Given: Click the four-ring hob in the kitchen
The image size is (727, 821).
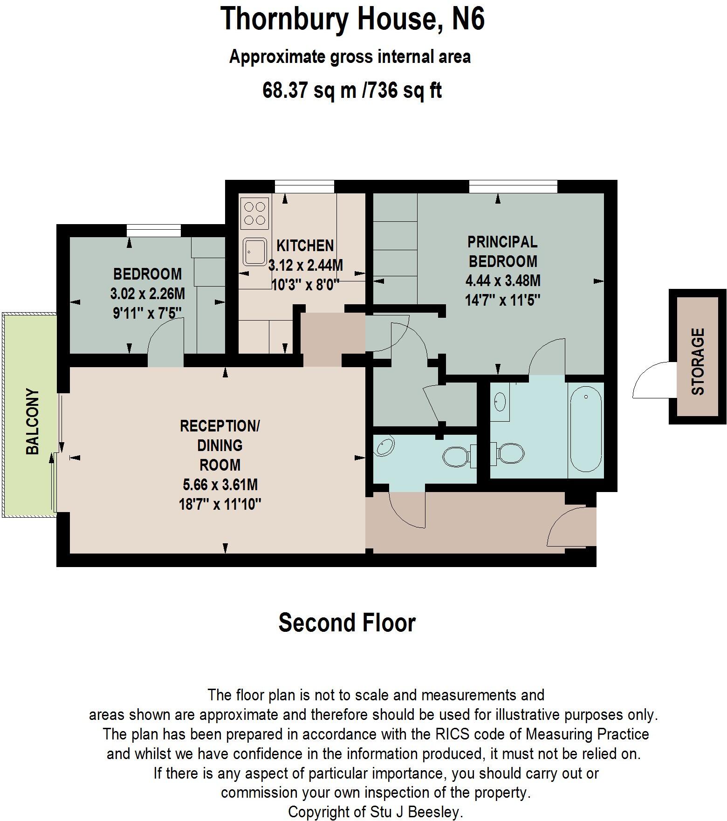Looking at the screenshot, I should point(255,213).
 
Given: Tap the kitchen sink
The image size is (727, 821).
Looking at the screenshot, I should point(254,252).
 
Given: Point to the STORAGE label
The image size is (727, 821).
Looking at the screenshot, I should point(698,362).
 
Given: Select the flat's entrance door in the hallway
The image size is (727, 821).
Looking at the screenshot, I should point(571,527).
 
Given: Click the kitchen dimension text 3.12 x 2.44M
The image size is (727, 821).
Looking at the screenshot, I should point(306,266).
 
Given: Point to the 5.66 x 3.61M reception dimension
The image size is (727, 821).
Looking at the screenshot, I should point(220,485).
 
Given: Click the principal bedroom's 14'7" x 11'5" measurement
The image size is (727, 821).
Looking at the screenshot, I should point(502,300).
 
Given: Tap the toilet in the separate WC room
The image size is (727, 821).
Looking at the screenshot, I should point(457,457).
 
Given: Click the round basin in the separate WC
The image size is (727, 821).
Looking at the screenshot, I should point(385,445).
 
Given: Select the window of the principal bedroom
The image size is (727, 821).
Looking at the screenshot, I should point(513,187).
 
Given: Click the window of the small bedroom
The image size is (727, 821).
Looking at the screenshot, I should point(153,231).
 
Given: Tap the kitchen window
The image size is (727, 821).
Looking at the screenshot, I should point(304,187).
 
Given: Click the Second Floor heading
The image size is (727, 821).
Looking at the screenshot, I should point(347,623).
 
